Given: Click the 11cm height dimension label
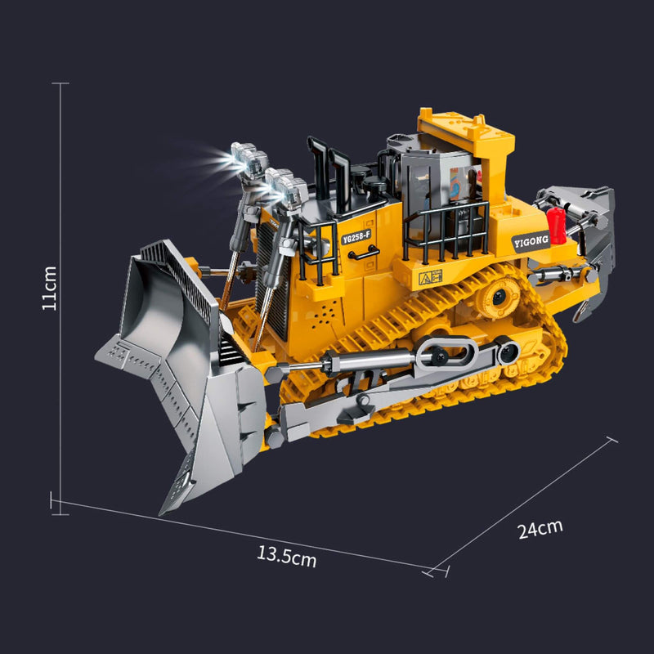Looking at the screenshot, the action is (x=49, y=288).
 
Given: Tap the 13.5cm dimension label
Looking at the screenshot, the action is (x=287, y=557).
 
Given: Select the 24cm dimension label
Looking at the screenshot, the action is (x=540, y=529).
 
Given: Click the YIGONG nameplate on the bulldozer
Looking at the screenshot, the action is (x=531, y=241).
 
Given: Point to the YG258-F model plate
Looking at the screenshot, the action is (x=356, y=237).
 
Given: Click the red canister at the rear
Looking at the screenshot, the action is (x=556, y=226).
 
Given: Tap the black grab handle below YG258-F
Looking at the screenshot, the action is (x=364, y=253).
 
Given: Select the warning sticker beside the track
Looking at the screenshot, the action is (x=431, y=277).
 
